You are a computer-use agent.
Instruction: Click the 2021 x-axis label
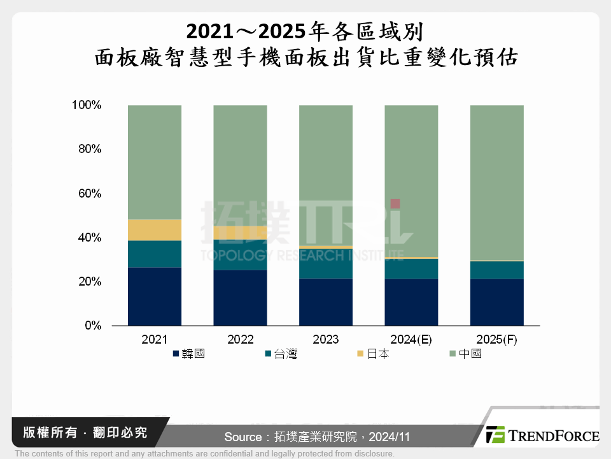(155, 339)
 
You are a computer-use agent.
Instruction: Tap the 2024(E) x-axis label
(411, 339)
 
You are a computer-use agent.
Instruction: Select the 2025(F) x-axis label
(496, 339)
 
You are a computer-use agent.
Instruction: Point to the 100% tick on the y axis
(87, 105)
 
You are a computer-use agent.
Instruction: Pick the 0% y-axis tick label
(93, 326)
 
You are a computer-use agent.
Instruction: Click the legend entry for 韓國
(189, 354)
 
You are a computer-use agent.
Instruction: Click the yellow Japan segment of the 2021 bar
(155, 230)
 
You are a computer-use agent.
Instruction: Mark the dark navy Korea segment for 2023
(326, 302)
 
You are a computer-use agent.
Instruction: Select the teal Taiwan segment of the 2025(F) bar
(496, 270)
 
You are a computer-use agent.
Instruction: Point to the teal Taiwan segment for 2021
(155, 254)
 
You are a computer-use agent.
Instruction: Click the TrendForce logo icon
(496, 435)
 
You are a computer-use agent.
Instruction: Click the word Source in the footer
(242, 437)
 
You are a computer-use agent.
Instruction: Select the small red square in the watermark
(395, 203)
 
